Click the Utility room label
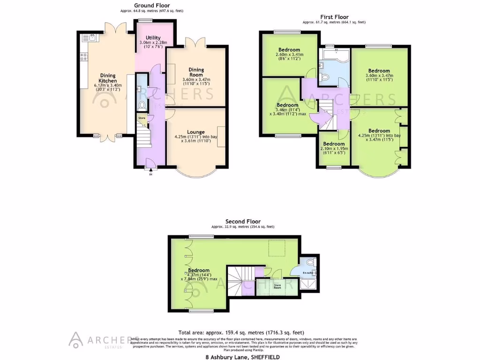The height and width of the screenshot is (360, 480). [153, 37]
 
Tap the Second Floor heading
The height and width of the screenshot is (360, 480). [243, 221]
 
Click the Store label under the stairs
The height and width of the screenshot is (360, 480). [142, 118]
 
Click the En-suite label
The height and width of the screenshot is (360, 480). [308, 272]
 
